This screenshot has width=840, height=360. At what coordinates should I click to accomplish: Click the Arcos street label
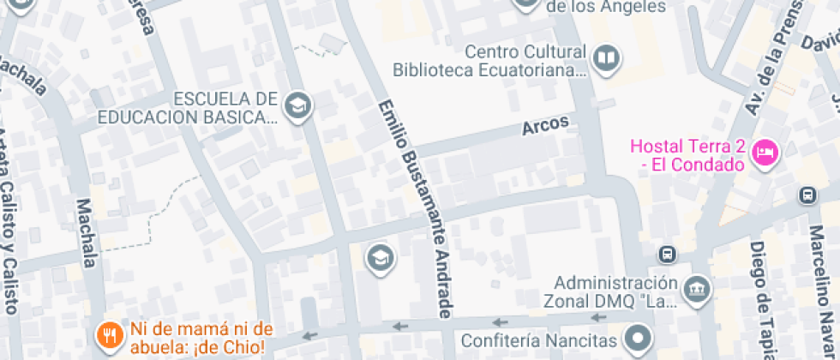546,126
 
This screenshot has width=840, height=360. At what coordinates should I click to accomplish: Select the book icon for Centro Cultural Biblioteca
607,58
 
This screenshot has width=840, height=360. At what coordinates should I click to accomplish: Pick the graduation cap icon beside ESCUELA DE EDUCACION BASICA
298,106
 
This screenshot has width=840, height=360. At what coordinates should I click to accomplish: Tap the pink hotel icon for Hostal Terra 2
763,153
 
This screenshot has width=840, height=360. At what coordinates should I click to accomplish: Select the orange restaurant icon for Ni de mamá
109,336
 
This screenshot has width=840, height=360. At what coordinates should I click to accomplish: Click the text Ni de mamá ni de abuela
201,338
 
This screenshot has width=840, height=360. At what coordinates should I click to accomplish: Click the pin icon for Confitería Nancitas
638,339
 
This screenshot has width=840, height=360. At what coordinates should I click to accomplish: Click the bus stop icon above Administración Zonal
667,255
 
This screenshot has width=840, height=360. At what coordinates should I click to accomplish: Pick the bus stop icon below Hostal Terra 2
807,195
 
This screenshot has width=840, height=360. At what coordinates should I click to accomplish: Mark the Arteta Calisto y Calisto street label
7,231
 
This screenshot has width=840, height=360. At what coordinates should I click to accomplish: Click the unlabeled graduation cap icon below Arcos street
379,256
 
